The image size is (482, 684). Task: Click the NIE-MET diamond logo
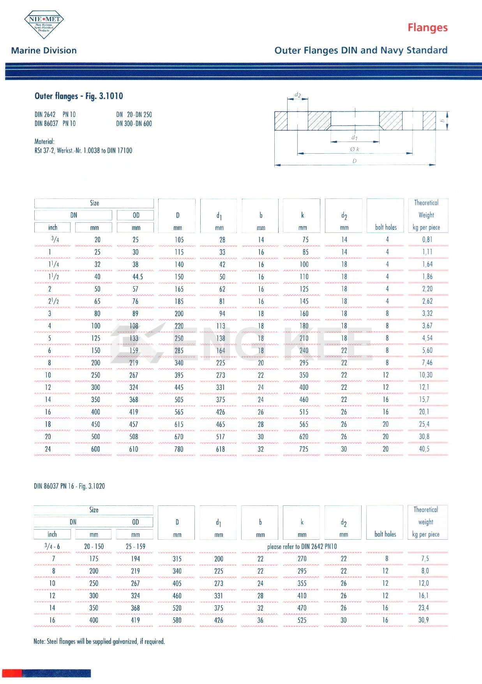[44, 24]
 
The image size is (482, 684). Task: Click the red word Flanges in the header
[427, 28]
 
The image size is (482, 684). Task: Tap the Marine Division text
[44, 50]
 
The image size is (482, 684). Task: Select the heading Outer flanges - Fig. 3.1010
[79, 96]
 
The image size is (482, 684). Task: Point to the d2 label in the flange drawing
[298, 95]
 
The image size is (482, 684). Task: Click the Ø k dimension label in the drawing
[355, 149]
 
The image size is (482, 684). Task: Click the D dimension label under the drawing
[355, 161]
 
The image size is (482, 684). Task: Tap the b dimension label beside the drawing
[442, 121]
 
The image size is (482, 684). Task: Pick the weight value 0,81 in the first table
[427, 239]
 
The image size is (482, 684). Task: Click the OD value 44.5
[138, 276]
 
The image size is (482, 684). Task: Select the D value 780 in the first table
[179, 449]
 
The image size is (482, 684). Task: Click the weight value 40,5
[424, 449]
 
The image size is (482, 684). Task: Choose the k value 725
[304, 449]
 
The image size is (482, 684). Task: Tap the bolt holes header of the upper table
[386, 227]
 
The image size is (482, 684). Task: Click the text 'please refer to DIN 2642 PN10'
[302, 546]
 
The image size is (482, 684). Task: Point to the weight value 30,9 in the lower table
[424, 620]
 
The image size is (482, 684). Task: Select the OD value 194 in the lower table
[135, 558]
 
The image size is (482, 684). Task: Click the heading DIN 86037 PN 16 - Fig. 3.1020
[69, 486]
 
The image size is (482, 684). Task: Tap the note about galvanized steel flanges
[99, 641]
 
